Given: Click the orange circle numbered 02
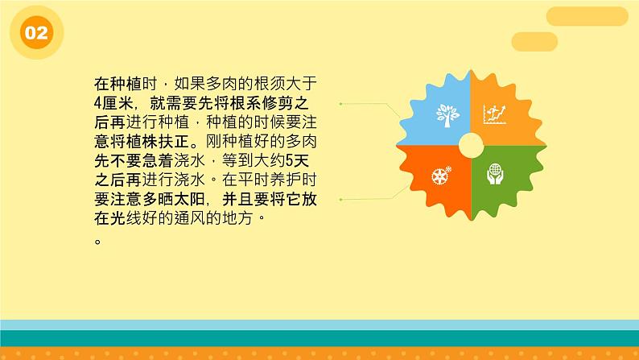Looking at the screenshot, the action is pos(37,32).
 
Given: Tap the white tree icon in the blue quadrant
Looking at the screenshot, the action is pos(447,115).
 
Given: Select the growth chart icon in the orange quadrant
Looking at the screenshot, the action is pos(495,114).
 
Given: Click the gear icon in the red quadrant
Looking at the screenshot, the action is pos(441,176).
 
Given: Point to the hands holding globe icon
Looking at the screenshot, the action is pos(495,174).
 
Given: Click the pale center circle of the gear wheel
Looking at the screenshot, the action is pos(471,146).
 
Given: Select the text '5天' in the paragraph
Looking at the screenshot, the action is pos(298,161).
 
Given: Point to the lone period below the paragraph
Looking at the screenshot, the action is pos(97,242).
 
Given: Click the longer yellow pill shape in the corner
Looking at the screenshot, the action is pos(587,16).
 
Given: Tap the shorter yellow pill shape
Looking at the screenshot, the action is pos(534,42).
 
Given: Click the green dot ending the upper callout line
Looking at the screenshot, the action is pos(340,104).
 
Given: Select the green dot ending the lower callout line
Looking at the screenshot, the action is pos(340,200).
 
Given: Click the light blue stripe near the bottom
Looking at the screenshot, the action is pos(319,325).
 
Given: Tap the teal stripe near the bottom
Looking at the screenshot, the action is pos(319,338).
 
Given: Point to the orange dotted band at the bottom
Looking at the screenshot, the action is pos(319,354).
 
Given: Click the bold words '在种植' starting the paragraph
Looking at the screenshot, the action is pos(117,84).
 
